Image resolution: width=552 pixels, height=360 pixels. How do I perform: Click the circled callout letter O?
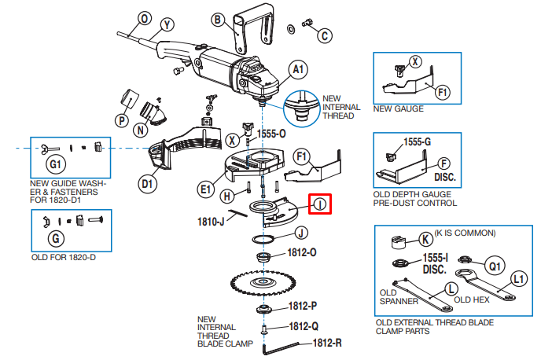[x=145, y=19]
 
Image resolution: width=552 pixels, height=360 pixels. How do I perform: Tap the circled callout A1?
[x=298, y=69]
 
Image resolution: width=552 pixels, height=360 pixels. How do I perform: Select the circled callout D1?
[x=147, y=184]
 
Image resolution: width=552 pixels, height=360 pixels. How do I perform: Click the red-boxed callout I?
[x=320, y=204]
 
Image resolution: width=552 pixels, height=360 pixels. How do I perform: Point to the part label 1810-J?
[x=211, y=222]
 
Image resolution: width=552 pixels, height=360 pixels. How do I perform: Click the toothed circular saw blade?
[x=263, y=282]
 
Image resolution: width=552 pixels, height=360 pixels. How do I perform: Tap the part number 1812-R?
[x=327, y=343]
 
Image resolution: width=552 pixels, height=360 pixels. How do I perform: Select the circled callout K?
[x=425, y=240]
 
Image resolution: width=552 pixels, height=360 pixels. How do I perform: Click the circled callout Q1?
[x=495, y=266]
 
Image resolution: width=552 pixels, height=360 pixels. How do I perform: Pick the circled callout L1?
[x=519, y=279]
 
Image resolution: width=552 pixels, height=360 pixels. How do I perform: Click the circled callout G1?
[x=56, y=164]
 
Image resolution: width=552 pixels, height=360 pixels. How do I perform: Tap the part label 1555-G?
[x=417, y=141]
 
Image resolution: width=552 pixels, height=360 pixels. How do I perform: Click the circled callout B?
[x=218, y=20]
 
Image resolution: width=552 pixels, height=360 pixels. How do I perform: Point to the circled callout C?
[x=325, y=35]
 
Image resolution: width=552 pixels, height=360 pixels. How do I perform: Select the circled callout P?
[x=121, y=121]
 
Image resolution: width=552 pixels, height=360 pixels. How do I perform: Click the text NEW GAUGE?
[x=398, y=108]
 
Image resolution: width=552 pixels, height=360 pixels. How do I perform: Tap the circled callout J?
[x=300, y=233]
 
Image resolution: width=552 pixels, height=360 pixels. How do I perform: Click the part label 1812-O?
[x=302, y=252]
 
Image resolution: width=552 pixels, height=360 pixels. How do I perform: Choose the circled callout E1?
[x=205, y=190]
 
